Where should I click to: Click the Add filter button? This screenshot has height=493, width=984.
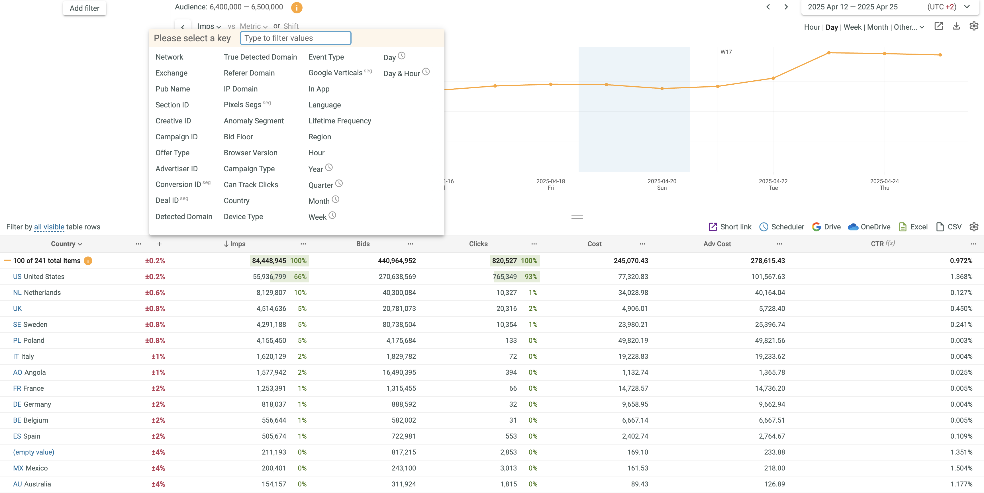pyautogui.click(x=84, y=8)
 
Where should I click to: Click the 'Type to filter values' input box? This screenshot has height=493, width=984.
pyautogui.click(x=295, y=38)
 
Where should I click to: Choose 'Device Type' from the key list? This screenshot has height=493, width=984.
pyautogui.click(x=243, y=217)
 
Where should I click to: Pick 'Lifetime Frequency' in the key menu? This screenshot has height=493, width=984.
pyautogui.click(x=340, y=121)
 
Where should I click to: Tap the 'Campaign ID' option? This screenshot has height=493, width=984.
pyautogui.click(x=176, y=137)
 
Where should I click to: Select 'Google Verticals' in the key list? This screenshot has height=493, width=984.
pyautogui.click(x=335, y=73)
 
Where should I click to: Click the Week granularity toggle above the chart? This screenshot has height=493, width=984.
pyautogui.click(x=852, y=27)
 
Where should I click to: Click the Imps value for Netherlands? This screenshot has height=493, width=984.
pyautogui.click(x=271, y=293)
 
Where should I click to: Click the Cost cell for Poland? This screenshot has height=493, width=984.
pyautogui.click(x=633, y=341)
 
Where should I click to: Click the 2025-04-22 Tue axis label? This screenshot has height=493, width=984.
pyautogui.click(x=773, y=184)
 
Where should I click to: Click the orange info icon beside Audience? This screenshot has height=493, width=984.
pyautogui.click(x=296, y=7)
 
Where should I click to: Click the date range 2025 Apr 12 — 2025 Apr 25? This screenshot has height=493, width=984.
pyautogui.click(x=853, y=7)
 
